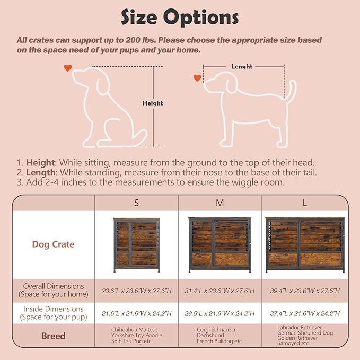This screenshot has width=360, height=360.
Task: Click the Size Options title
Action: click(180, 17)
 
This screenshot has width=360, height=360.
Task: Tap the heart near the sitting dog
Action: click(67, 68)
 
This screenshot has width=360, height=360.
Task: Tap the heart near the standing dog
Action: click(197, 78)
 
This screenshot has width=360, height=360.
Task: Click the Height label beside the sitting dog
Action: click(153, 103)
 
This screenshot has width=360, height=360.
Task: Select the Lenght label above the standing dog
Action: click(242, 67)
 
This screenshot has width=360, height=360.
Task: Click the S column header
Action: click(136, 203)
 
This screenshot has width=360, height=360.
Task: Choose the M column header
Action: click(219, 203)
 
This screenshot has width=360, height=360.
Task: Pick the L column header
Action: click(305, 203)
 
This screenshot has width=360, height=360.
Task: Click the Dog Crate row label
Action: click(53, 244)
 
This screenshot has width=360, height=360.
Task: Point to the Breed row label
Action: click(53, 336)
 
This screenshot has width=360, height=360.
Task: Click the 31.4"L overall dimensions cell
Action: click(219, 290)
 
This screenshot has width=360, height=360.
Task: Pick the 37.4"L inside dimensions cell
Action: click(305, 313)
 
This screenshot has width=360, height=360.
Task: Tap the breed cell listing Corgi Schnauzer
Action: click(219, 336)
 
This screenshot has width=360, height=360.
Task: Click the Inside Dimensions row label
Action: click(53, 313)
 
